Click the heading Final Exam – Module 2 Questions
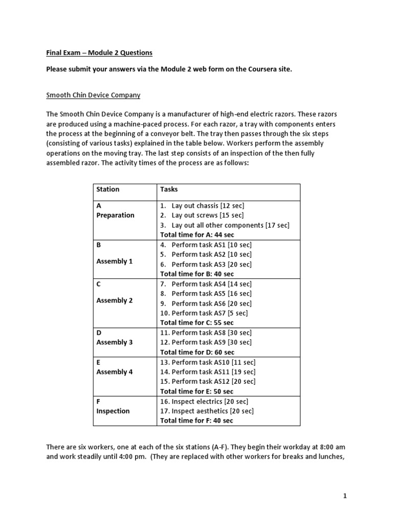pyautogui.click(x=99, y=53)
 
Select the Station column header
pyautogui.click(x=108, y=189)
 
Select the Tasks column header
pyautogui.click(x=169, y=189)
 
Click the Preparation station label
pyautogui.click(x=115, y=215)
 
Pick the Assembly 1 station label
pyautogui.click(x=115, y=261)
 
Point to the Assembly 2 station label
pyautogui.click(x=115, y=300)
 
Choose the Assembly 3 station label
pyautogui.click(x=115, y=342)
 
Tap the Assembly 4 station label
pyautogui.click(x=115, y=372)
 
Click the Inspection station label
pyautogui.click(x=113, y=411)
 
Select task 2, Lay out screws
pyautogui.click(x=202, y=215)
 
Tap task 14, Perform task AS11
pyautogui.click(x=208, y=372)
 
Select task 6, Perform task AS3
pyautogui.click(x=206, y=265)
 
